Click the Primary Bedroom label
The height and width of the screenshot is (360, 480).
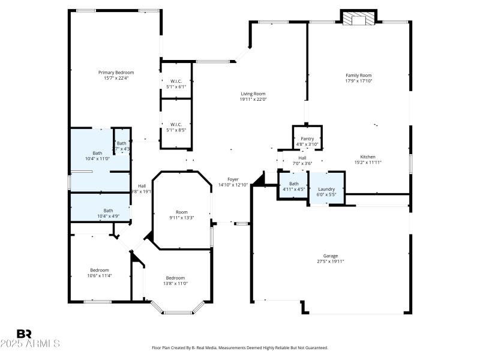[116, 72]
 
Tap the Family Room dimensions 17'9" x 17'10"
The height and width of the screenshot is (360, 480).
[358, 80]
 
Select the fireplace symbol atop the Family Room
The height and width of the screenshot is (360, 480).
[358, 19]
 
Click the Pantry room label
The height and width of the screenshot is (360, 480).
[307, 139]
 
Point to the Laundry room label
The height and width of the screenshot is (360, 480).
[326, 189]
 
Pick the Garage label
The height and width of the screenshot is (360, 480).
[331, 255]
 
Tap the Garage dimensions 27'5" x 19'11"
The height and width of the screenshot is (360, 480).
[331, 261]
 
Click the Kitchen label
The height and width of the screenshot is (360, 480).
[368, 157]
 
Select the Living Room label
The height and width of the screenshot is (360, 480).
[253, 94]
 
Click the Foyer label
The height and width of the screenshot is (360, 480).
[233, 179]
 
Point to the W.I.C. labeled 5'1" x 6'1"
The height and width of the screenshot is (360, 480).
[176, 81]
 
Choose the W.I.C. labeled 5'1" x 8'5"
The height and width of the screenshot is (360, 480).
[176, 124]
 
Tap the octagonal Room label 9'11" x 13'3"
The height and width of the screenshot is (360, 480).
[181, 212]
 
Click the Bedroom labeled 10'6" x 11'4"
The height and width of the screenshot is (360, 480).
[100, 270]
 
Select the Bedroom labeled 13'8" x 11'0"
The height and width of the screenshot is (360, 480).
[175, 278]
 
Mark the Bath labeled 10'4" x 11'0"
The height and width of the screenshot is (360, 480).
[97, 153]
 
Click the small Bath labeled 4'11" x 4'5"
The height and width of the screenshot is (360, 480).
[293, 184]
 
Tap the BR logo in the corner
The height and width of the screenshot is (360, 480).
[24, 334]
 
